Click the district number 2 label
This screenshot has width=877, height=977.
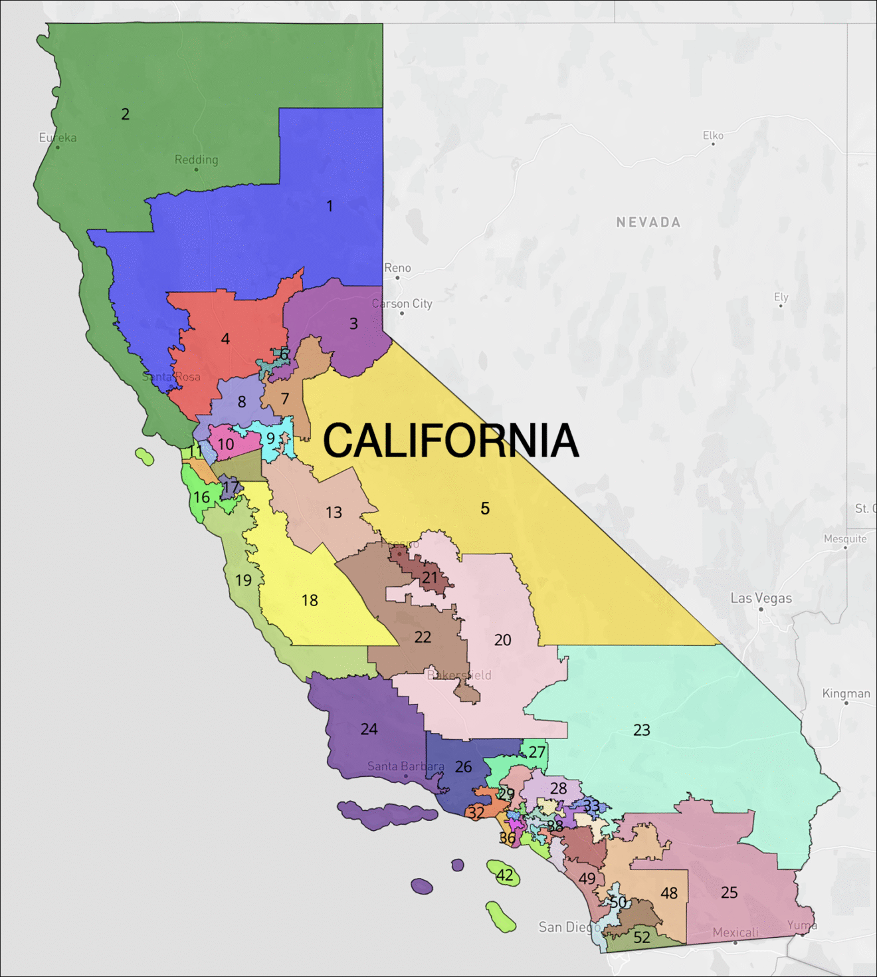pos(125,114)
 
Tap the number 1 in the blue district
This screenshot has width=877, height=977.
pos(330,206)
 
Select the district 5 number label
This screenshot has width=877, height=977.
pos(485,508)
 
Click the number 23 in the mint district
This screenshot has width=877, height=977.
pos(641,730)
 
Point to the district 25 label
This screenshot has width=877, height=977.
pos(729,893)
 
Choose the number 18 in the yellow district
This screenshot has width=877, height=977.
pos(310,601)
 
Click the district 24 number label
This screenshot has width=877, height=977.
pos(369,729)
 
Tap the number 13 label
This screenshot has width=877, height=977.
pos(334,512)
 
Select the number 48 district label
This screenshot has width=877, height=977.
pos(669,893)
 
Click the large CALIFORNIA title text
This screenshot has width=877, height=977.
pos(450,441)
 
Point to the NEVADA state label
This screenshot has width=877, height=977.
pos(648,223)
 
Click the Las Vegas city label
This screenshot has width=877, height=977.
pos(761,598)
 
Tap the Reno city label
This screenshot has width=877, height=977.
pos(397,268)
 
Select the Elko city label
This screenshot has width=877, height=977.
pos(713,136)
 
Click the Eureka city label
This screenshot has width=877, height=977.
pos(58,138)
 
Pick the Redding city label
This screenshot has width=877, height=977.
pos(196,160)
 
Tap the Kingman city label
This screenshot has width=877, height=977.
pos(846,693)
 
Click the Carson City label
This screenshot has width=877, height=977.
pos(402,304)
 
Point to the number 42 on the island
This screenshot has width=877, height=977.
pos(505,875)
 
